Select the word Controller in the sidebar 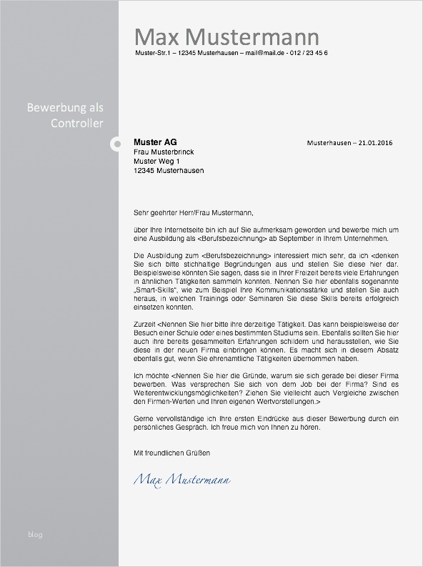(77, 124)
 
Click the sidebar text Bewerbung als (65, 108)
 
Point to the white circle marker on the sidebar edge (116, 145)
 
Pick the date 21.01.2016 (376, 143)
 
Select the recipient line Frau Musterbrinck (164, 152)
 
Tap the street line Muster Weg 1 (156, 162)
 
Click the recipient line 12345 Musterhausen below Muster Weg (169, 171)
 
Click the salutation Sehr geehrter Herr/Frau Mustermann (193, 212)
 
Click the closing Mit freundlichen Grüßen (172, 453)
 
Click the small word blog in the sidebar (35, 535)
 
